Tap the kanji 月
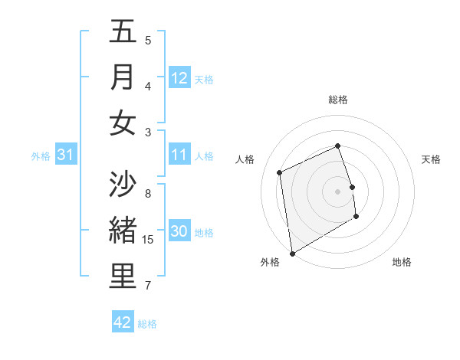(123, 77)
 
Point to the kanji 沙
(123, 184)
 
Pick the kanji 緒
(123, 230)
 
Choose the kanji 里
(123, 277)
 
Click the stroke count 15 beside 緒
(149, 240)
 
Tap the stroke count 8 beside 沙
(147, 194)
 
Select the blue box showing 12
(179, 78)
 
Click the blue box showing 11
(179, 155)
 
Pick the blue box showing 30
(179, 232)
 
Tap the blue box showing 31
(65, 155)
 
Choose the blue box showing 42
(123, 322)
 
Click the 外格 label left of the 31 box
(41, 156)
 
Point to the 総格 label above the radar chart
(338, 100)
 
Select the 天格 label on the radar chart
(431, 159)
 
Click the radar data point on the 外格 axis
(292, 253)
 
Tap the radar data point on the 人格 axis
(280, 172)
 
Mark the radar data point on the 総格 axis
(337, 146)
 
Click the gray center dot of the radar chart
(337, 191)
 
